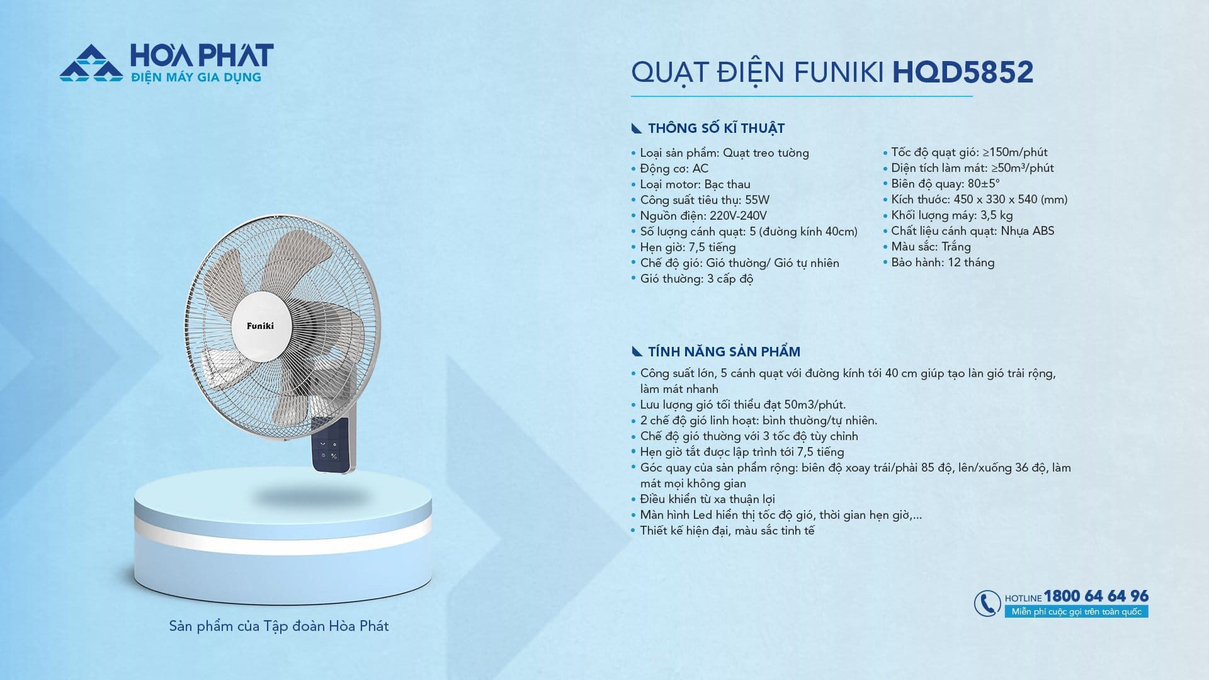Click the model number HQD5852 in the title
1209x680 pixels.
click(x=963, y=72)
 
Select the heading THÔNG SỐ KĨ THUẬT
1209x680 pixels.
click(x=716, y=128)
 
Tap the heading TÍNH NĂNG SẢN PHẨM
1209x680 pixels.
click(x=724, y=352)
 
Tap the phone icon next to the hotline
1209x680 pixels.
click(x=987, y=603)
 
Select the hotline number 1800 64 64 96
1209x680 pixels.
click(x=1096, y=596)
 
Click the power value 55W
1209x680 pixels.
click(x=757, y=200)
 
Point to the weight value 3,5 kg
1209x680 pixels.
click(x=997, y=215)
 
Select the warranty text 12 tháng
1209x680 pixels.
click(x=971, y=263)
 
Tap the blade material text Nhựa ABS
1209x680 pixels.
click(x=1028, y=231)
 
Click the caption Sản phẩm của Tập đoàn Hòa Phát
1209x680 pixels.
click(x=279, y=626)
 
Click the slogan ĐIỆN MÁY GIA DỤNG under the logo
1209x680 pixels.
click(x=195, y=77)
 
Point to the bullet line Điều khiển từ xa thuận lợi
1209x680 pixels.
click(x=707, y=499)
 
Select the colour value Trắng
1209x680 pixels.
click(x=956, y=247)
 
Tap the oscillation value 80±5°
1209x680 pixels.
click(x=984, y=184)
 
